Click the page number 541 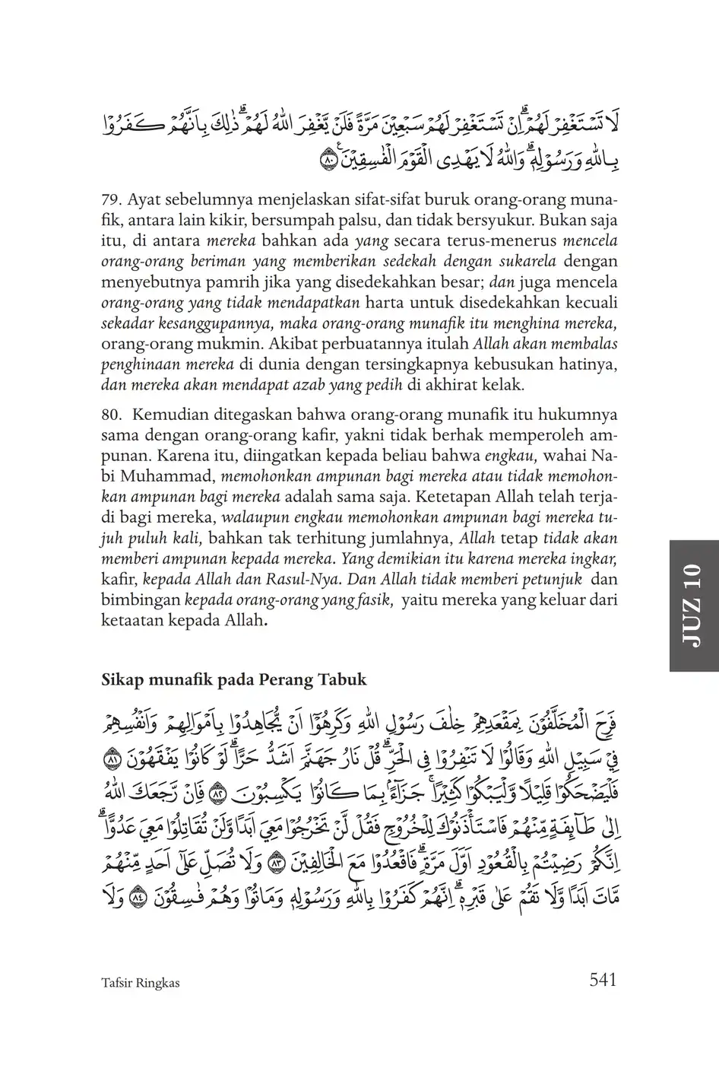point(602,980)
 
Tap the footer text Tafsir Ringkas point(140,983)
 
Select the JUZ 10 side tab point(694,606)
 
